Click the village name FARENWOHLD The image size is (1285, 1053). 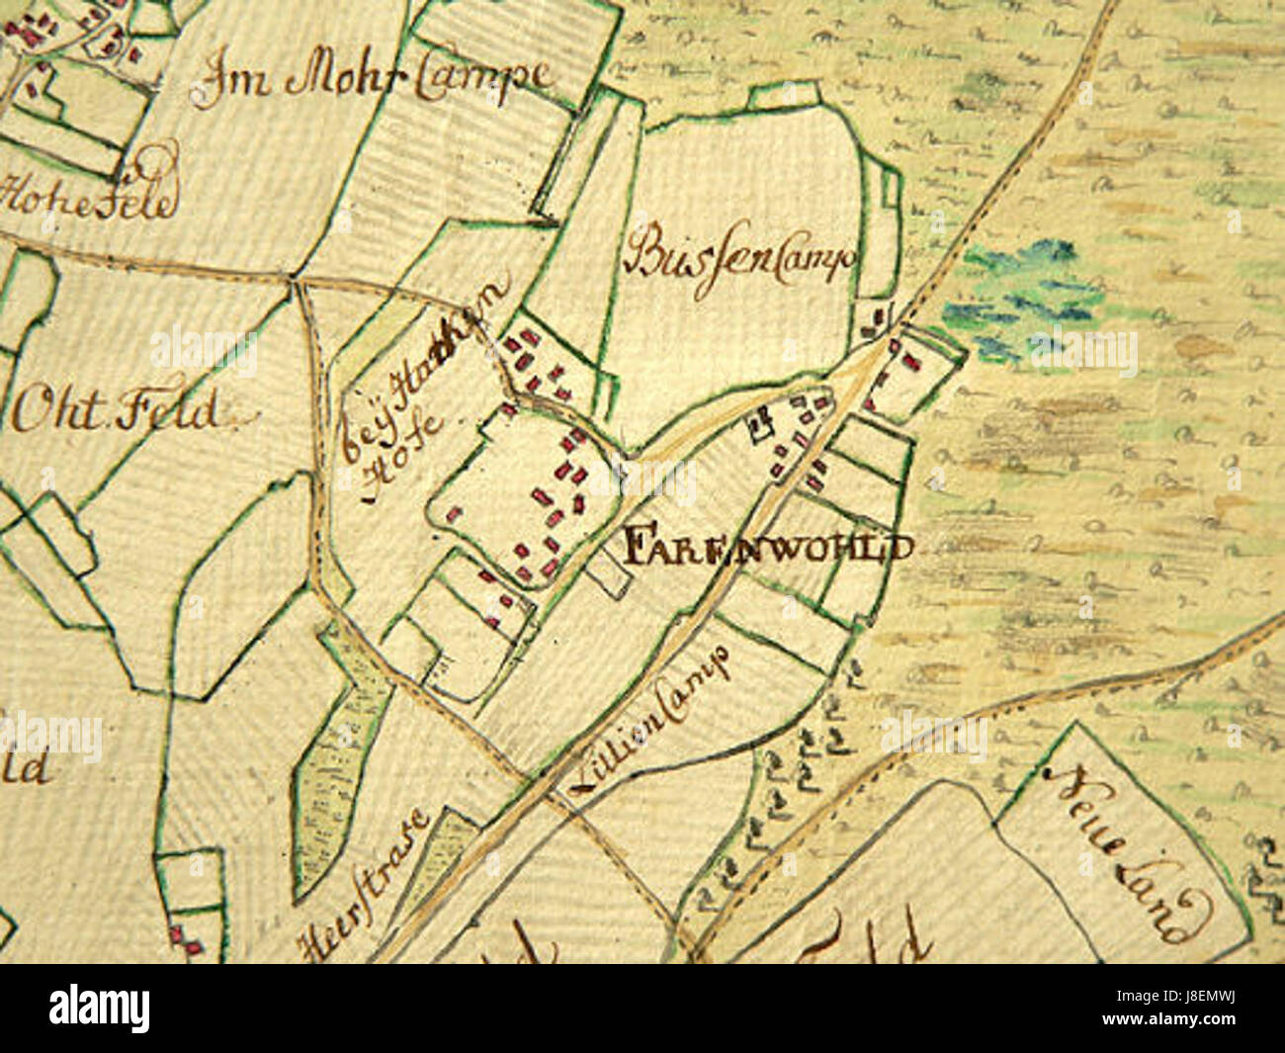click(x=767, y=547)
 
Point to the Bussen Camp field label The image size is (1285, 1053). click(x=739, y=255)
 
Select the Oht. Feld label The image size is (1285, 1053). click(x=117, y=410)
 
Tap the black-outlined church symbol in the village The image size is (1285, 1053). click(x=761, y=424)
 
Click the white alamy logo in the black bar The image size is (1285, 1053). click(x=99, y=1009)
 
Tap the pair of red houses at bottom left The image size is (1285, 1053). click(x=183, y=939)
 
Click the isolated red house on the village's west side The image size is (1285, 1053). click(x=455, y=513)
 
